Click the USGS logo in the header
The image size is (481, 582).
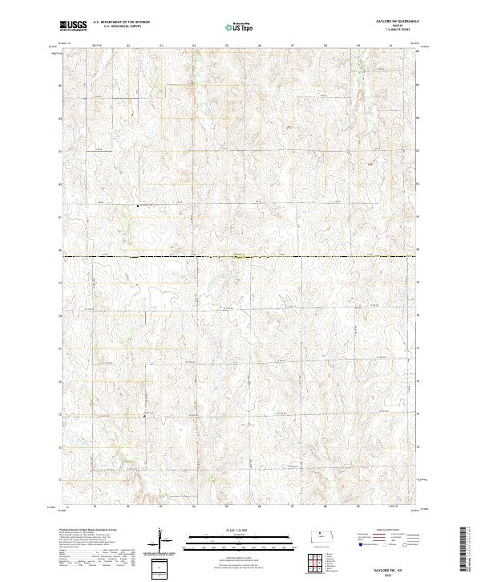point(74,26)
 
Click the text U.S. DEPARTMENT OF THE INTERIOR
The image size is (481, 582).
point(121,23)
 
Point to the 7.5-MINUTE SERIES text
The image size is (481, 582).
point(391,31)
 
